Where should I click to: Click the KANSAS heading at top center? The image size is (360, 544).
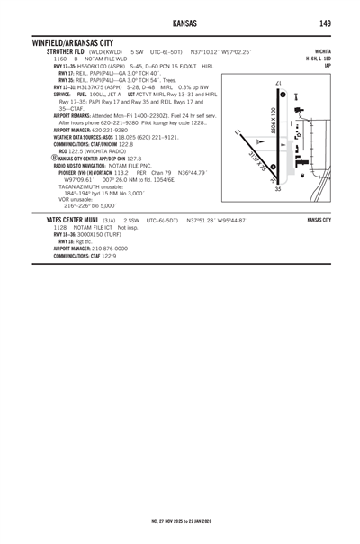pos(180,23)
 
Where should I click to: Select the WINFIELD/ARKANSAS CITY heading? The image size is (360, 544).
pos(72,42)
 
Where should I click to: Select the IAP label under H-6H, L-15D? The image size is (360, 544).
pos(328,66)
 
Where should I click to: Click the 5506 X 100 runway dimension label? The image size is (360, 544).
pos(273,123)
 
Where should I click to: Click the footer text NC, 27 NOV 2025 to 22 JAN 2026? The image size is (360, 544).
pos(180,521)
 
